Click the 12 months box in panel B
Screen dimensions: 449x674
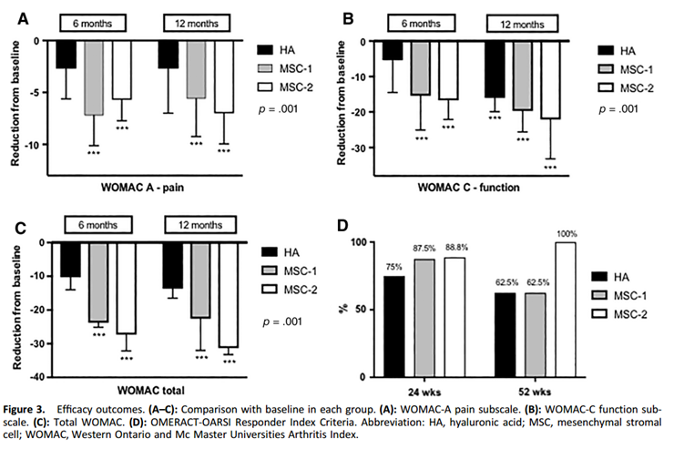(x=511, y=24)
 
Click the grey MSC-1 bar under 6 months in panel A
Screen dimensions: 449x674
(x=95, y=78)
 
